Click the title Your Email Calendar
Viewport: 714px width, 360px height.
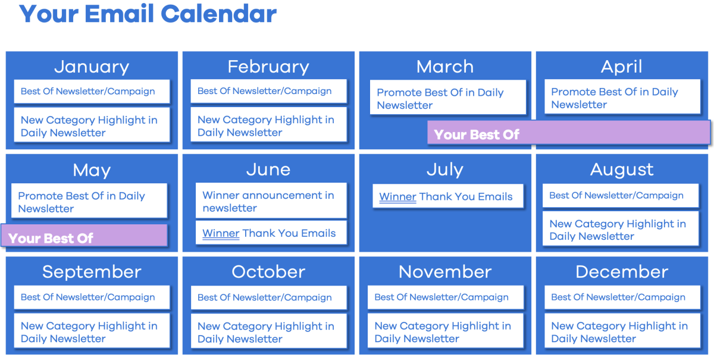(x=148, y=14)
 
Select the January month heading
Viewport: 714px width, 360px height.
(x=92, y=67)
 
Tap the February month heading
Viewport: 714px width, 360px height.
(x=268, y=67)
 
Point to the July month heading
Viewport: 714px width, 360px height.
(x=445, y=170)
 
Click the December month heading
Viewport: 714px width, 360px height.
(x=622, y=272)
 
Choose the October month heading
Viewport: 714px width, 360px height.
(x=268, y=272)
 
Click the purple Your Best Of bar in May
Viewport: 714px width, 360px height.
(x=84, y=236)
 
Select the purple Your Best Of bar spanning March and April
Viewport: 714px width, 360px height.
(x=568, y=132)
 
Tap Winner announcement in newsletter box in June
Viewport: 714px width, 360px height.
(x=271, y=201)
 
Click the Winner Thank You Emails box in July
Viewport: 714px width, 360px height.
(x=447, y=196)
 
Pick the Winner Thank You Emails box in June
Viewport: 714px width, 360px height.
(x=271, y=233)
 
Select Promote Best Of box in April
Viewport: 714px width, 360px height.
(x=622, y=98)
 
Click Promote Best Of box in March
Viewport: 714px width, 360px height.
(x=447, y=98)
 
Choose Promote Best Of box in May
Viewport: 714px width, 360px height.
(x=89, y=202)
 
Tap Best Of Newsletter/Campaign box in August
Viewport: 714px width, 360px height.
(x=620, y=195)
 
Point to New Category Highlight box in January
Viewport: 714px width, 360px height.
(x=92, y=126)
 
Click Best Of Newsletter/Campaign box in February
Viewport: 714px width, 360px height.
(x=268, y=91)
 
